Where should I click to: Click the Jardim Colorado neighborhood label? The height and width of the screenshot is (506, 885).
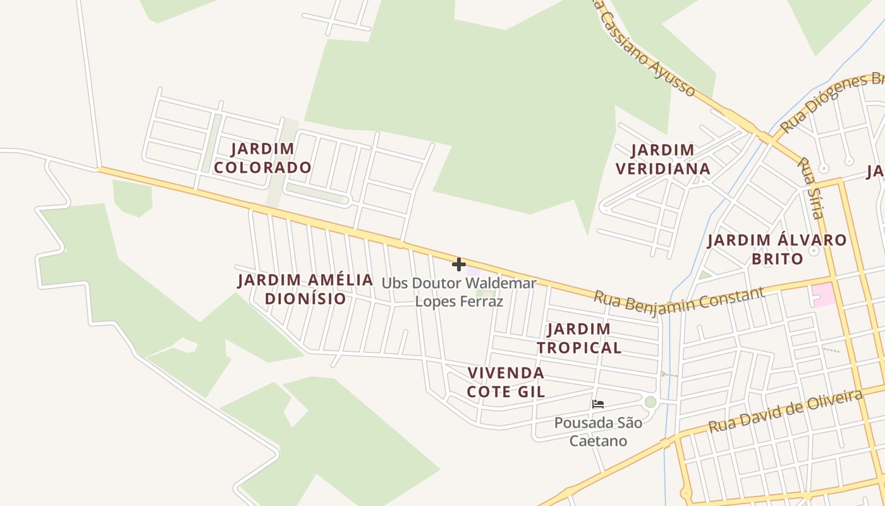pyautogui.click(x=262, y=158)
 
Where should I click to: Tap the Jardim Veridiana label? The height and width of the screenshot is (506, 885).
pyautogui.click(x=662, y=159)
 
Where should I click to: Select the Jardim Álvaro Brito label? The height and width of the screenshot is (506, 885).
pyautogui.click(x=776, y=249)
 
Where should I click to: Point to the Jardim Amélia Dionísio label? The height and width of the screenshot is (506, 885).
pyautogui.click(x=305, y=289)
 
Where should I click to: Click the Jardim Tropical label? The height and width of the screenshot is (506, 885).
pyautogui.click(x=579, y=338)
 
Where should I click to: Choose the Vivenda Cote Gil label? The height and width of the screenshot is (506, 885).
pyautogui.click(x=506, y=381)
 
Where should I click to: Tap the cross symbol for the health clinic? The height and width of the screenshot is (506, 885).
pyautogui.click(x=459, y=264)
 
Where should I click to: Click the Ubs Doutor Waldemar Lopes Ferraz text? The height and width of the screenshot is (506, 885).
pyautogui.click(x=459, y=292)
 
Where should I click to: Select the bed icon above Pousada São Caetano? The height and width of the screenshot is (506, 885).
pyautogui.click(x=598, y=404)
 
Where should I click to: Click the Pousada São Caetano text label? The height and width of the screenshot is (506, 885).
pyautogui.click(x=598, y=431)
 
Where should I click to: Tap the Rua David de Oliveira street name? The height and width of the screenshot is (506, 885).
pyautogui.click(x=785, y=411)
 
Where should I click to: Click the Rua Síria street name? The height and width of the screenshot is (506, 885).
pyautogui.click(x=810, y=187)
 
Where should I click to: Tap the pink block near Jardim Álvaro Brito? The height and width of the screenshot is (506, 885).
pyautogui.click(x=823, y=295)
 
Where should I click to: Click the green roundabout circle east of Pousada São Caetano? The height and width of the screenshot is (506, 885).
pyautogui.click(x=650, y=402)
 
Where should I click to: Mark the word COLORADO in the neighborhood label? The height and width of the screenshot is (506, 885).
pyautogui.click(x=262, y=168)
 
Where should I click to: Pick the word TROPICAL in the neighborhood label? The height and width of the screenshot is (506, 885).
pyautogui.click(x=579, y=347)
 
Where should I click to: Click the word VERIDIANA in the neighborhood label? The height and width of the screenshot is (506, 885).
pyautogui.click(x=662, y=169)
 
